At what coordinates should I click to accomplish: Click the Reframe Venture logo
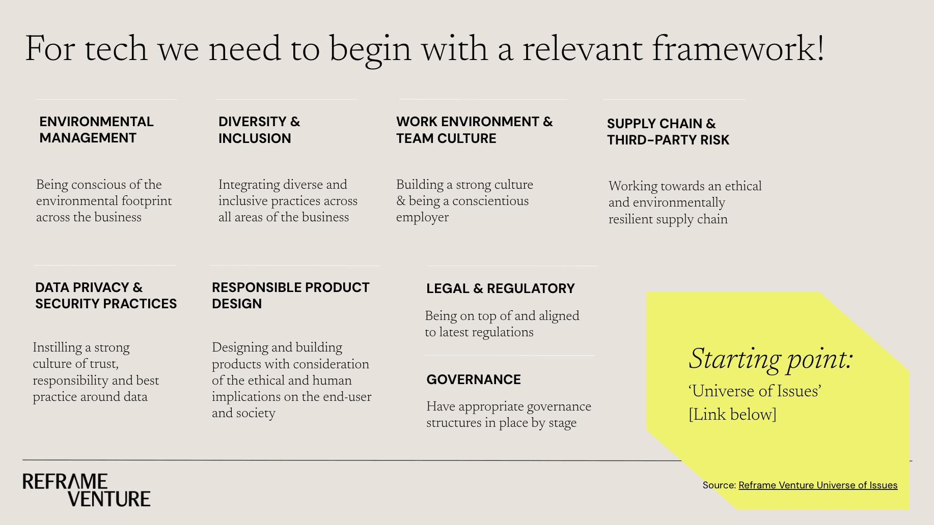(87, 490)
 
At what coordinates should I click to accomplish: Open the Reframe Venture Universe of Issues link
(818, 485)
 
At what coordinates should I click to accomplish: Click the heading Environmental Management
(96, 130)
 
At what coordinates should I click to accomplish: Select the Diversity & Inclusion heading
(259, 130)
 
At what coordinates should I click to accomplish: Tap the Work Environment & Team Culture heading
(474, 130)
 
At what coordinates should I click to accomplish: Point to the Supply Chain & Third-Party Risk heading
(668, 132)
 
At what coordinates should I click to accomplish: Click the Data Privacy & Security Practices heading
(106, 296)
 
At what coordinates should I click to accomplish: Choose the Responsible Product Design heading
(290, 296)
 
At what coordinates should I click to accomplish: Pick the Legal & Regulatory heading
(500, 288)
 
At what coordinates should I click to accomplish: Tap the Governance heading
(474, 380)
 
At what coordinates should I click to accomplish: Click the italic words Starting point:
(771, 359)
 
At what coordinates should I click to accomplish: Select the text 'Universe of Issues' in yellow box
(755, 391)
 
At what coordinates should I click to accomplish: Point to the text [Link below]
(732, 414)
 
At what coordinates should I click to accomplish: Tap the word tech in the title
(116, 49)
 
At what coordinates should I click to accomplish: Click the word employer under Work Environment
(422, 217)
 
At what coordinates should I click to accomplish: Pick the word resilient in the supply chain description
(631, 219)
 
